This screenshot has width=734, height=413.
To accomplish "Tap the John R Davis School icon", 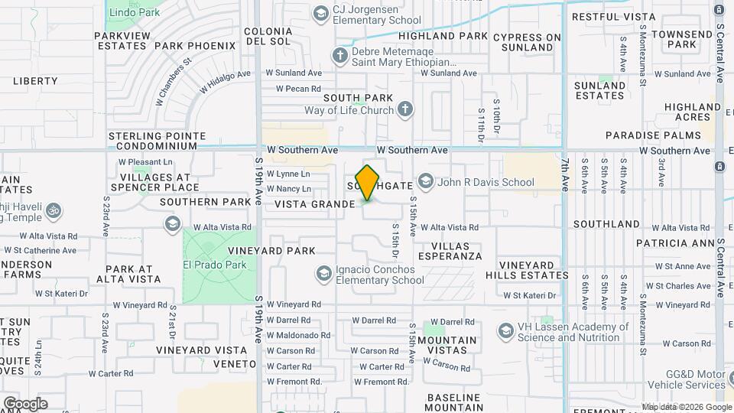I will click(x=426, y=183).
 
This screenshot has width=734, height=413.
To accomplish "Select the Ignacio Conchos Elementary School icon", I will click(x=324, y=274).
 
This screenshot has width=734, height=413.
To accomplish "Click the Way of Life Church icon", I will click(x=405, y=110).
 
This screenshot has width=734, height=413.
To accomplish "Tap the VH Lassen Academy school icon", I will click(x=505, y=331).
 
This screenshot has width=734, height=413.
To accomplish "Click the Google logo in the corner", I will click(x=24, y=403).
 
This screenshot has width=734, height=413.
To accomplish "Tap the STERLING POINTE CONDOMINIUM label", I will click(x=158, y=141).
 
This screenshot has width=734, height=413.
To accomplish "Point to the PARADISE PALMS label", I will click(x=642, y=135).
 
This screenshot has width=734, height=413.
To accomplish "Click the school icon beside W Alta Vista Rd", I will click(x=172, y=223).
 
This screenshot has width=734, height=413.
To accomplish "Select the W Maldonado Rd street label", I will click(x=298, y=335).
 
